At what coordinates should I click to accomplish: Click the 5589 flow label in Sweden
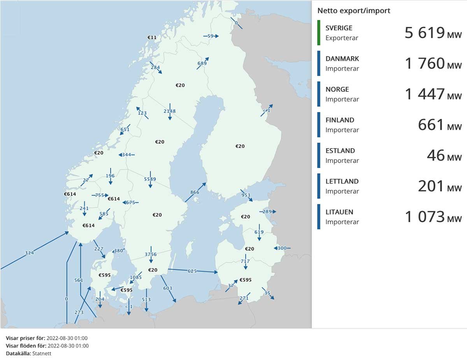(150, 179)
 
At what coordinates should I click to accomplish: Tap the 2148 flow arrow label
(170, 111)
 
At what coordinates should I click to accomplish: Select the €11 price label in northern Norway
(152, 37)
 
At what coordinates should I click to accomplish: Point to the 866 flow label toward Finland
(195, 192)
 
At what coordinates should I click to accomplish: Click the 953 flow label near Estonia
(246, 195)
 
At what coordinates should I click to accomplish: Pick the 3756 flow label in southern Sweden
(151, 254)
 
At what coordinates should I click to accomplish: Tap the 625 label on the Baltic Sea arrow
(192, 270)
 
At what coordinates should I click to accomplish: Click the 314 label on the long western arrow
(30, 253)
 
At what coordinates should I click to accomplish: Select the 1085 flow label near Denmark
(136, 277)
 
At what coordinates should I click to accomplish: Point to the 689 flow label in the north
(202, 63)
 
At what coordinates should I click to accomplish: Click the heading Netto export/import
(354, 11)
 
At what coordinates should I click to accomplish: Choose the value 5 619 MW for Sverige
(433, 33)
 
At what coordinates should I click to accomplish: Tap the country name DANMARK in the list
(342, 59)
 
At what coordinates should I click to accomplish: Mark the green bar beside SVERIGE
(319, 33)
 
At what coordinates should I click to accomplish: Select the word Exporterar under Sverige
(342, 38)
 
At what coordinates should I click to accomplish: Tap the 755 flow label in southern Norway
(100, 195)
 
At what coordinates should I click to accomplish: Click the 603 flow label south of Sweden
(168, 288)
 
